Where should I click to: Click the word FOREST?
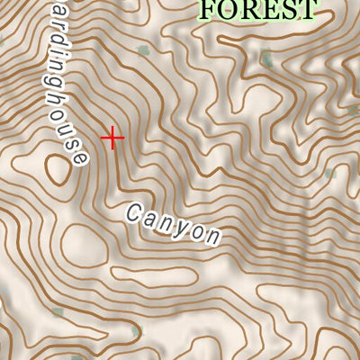[258, 9]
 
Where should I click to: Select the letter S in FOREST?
[286, 9]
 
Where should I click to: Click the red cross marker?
[112, 138]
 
